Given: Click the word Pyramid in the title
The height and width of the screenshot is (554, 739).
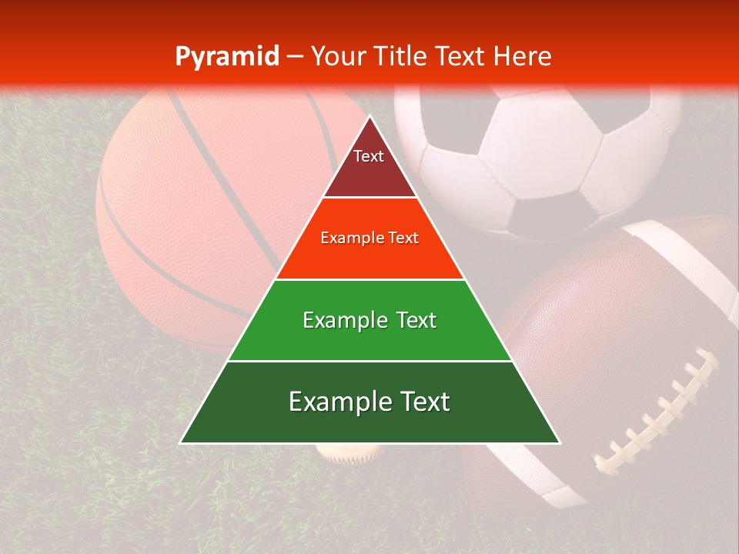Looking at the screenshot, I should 226,57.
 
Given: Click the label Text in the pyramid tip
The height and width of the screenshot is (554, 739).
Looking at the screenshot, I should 369,156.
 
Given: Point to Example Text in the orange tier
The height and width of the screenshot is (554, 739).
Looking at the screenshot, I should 369,238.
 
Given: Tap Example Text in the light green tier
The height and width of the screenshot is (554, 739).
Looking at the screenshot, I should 369,320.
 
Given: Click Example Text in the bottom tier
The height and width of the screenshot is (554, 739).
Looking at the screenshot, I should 369,402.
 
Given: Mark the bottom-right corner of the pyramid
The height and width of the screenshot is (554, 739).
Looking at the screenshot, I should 559,442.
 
